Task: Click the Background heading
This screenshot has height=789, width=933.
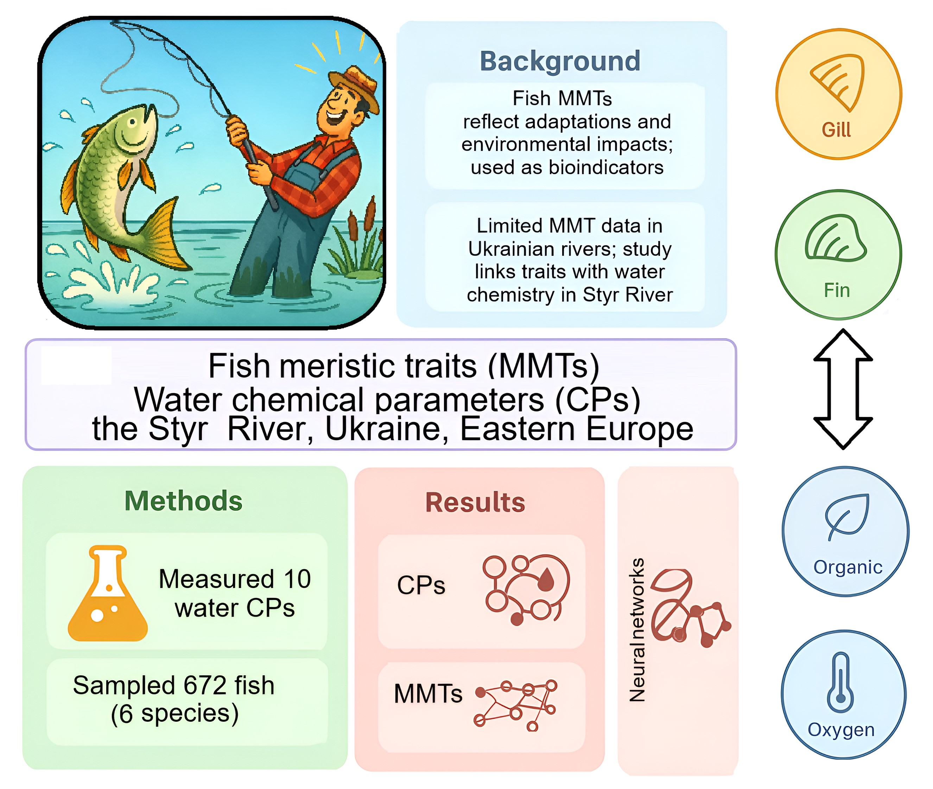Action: (560, 61)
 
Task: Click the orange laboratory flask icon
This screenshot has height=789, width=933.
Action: (108, 594)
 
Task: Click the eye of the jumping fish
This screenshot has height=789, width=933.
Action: (132, 122)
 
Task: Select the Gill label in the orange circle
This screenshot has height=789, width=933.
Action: (836, 130)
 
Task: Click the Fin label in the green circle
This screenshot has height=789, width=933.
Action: (837, 290)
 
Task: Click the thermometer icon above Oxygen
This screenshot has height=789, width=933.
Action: (840, 682)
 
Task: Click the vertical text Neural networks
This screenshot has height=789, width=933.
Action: (637, 630)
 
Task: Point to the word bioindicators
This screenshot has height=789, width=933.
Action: (606, 167)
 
